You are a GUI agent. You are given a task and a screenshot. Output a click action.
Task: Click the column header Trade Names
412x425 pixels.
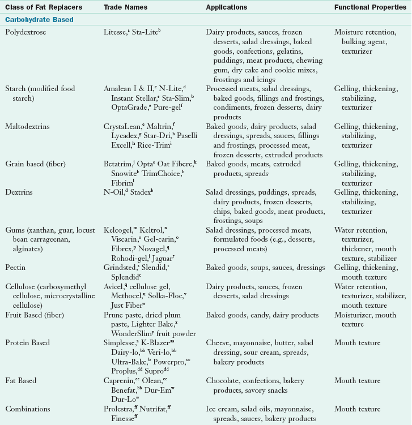point(125,7)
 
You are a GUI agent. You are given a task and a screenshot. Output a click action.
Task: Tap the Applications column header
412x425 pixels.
point(227,7)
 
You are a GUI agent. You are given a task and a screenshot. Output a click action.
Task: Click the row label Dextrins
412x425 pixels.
point(19,193)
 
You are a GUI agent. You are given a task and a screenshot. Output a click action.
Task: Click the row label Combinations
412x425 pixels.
point(28,409)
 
